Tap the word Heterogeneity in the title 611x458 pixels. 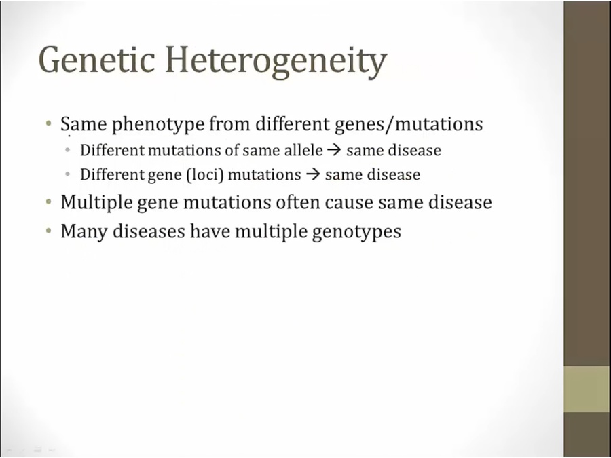pyautogui.click(x=276, y=62)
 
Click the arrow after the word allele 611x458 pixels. pyautogui.click(x=334, y=151)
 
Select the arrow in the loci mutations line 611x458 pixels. pyautogui.click(x=313, y=175)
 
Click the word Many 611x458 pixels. pyautogui.click(x=84, y=232)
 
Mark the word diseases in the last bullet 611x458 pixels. pyautogui.click(x=149, y=231)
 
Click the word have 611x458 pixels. pyautogui.click(x=210, y=231)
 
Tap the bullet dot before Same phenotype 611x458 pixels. pyautogui.click(x=48, y=124)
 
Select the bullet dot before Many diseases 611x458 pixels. pyautogui.click(x=48, y=231)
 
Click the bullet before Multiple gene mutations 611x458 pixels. pyautogui.click(x=48, y=202)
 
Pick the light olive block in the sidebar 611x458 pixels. pyautogui.click(x=587, y=389)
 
